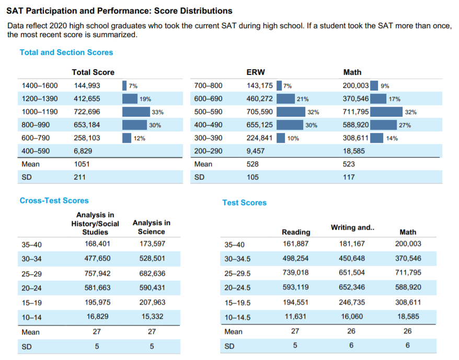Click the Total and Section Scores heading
click(66, 52)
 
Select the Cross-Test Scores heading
click(54, 200)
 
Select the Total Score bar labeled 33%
click(136, 112)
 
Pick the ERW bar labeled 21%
click(285, 98)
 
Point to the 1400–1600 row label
click(40, 85)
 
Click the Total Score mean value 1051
click(82, 164)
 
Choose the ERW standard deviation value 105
click(253, 177)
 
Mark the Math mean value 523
click(349, 164)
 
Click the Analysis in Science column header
click(152, 228)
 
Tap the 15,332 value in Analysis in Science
click(152, 317)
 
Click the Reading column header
click(296, 232)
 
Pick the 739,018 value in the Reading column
click(296, 273)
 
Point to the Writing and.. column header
click(352, 228)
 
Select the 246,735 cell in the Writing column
click(352, 302)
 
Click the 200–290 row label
click(208, 151)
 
